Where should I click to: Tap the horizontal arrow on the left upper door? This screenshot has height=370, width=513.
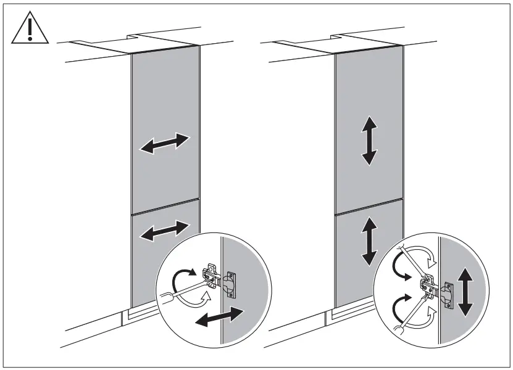164,143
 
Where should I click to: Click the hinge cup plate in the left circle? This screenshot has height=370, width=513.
230,286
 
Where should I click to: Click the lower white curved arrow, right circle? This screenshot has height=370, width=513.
426,321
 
